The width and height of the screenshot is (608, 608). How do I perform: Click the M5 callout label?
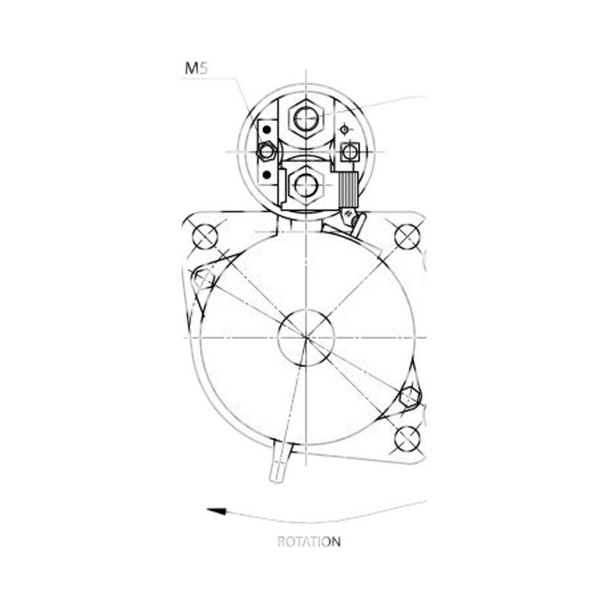coord(196,68)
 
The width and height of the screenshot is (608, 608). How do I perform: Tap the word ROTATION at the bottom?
coord(309,542)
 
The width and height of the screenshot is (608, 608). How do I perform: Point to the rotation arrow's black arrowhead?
coord(217,511)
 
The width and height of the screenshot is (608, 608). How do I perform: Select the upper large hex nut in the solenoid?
coord(306,118)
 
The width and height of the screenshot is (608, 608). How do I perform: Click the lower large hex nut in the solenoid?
coord(306,185)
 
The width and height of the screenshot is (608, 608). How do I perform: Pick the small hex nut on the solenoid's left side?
coord(267,150)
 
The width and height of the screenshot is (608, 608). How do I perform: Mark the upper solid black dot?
coord(267,129)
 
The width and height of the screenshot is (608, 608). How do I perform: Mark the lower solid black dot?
coord(267,175)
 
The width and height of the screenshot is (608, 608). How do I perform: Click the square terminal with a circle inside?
coord(350,151)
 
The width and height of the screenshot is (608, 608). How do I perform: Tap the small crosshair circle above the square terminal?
coord(344,129)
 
